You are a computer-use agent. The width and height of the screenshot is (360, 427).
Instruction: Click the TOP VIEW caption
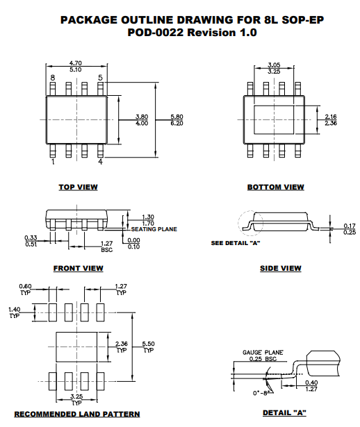(x=78, y=187)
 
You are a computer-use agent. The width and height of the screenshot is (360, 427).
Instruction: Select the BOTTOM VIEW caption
(x=275, y=187)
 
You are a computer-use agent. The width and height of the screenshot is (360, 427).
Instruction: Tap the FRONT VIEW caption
(x=78, y=268)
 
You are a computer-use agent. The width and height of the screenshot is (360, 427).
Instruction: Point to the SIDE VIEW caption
(x=280, y=268)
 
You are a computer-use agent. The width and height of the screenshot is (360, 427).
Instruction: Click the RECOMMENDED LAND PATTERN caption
(x=77, y=415)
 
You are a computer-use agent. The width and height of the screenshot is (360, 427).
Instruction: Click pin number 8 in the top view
(x=52, y=78)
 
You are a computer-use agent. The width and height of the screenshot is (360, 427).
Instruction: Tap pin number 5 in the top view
(x=100, y=78)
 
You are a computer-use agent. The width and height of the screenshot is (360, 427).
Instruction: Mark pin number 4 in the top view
(x=100, y=162)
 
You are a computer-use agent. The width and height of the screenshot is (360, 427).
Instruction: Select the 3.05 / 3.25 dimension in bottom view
(x=275, y=67)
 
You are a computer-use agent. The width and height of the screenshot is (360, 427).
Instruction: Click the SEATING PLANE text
(x=154, y=229)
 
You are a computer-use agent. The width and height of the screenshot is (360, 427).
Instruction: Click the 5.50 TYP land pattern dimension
(x=148, y=347)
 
